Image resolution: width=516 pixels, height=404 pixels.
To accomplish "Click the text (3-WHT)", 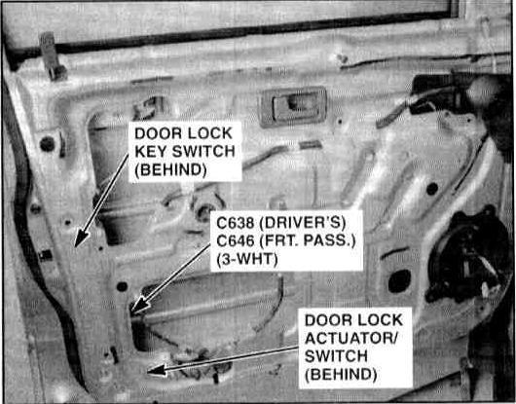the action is pyautogui.click(x=247, y=259).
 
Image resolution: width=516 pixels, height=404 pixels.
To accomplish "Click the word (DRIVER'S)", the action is pyautogui.click(x=303, y=223).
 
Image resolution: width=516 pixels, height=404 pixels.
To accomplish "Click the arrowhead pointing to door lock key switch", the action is pyautogui.click(x=81, y=238).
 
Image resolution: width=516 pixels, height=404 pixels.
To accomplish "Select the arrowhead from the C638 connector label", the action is pyautogui.click(x=139, y=305).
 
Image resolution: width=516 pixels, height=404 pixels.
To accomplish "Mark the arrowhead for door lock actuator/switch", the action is pyautogui.click(x=157, y=370).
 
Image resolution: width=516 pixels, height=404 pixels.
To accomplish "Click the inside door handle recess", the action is pyautogui.click(x=293, y=106).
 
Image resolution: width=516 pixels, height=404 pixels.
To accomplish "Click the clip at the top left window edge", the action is pyautogui.click(x=52, y=55).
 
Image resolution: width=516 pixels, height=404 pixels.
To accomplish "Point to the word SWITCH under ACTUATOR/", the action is pyautogui.click(x=336, y=356).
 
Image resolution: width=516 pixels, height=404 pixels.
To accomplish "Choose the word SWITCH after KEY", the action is pyautogui.click(x=204, y=152).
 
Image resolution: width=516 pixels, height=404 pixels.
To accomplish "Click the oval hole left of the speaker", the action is pyautogui.click(x=399, y=280).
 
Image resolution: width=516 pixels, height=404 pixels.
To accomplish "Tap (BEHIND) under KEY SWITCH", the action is pyautogui.click(x=170, y=170).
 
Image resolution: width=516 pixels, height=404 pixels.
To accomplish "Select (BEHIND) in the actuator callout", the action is pyautogui.click(x=341, y=375).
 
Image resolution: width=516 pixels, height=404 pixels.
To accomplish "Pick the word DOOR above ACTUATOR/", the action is pyautogui.click(x=325, y=320).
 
